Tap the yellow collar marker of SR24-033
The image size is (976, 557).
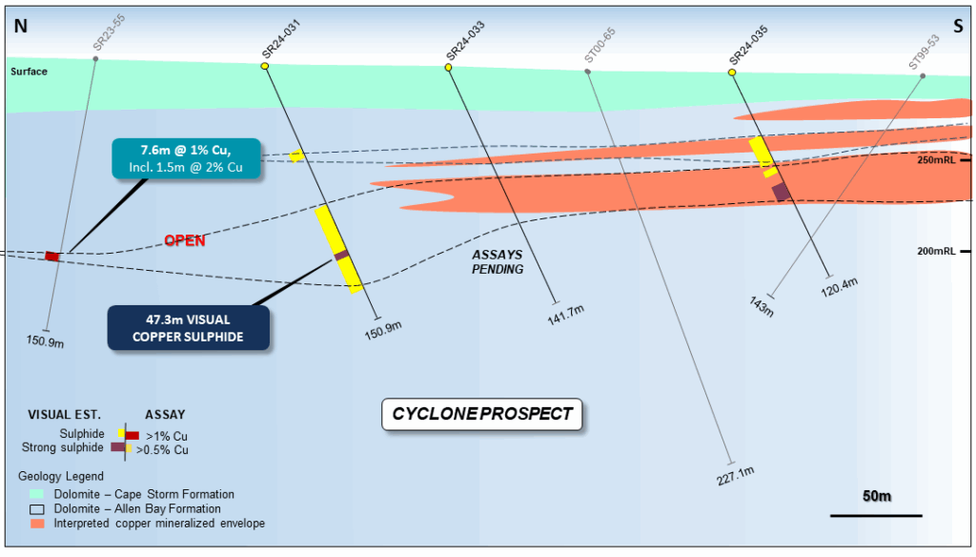click(x=449, y=67)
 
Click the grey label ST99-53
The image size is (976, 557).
click(x=924, y=45)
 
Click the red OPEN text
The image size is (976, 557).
click(x=185, y=240)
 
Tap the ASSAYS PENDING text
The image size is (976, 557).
click(x=498, y=261)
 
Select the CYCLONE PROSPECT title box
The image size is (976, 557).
click(x=482, y=414)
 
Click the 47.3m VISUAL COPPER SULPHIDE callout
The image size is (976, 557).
click(x=188, y=327)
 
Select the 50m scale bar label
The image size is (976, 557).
click(x=876, y=497)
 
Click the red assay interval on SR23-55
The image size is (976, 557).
click(x=53, y=257)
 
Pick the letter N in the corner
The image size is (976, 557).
click(x=20, y=27)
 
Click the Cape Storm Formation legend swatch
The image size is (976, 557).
click(x=36, y=494)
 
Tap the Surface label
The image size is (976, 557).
click(x=29, y=72)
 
